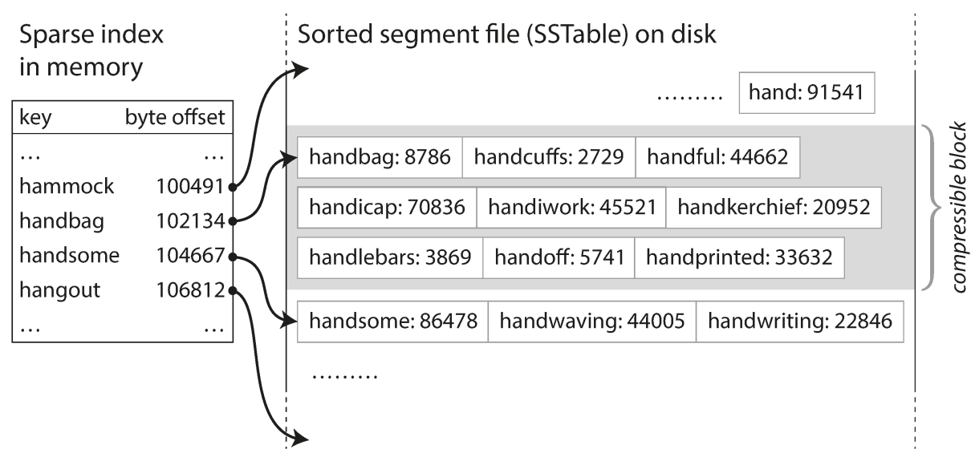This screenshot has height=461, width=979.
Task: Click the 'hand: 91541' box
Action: coord(806,92)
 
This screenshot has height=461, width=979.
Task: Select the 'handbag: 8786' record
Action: coord(380,157)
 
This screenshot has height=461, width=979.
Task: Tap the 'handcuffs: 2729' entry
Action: coord(549,157)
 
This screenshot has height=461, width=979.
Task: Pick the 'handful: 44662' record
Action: coord(717,157)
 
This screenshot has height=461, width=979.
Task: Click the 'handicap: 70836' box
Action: coord(387,208)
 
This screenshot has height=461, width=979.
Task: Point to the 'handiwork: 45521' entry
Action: coord(571,208)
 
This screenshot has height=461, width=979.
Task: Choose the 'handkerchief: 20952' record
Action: coord(774,208)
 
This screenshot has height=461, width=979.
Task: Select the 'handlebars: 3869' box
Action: coord(390,257)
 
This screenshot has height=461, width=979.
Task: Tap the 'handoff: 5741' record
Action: coord(559,257)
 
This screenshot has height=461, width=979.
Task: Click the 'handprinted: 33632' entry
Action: coord(740,257)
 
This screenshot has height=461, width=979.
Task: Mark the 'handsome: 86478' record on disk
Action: coord(392,321)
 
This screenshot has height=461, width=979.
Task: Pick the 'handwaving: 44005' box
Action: coord(592,321)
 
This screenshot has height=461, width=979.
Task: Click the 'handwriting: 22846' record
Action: coord(800,321)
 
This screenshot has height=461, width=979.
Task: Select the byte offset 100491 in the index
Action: coord(190,187)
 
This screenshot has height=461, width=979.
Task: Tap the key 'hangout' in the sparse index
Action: coord(60,290)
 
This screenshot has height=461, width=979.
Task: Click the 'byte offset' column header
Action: coord(175,117)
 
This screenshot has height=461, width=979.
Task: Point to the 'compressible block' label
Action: coord(957,208)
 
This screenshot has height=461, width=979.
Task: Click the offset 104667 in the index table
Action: coord(190,256)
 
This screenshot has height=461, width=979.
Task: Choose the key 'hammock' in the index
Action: coord(67,187)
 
